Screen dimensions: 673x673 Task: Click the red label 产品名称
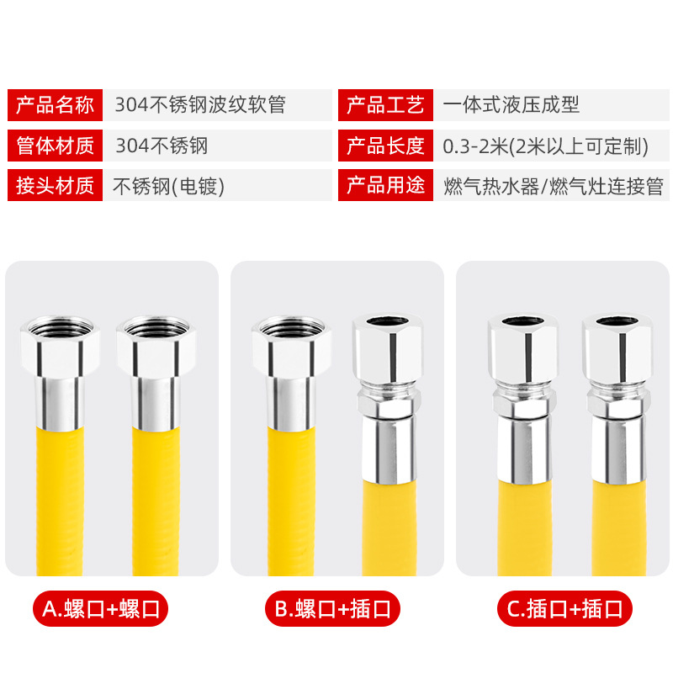(x=56, y=105)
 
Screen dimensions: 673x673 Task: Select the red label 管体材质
(x=56, y=146)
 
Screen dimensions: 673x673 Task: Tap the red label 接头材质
(x=56, y=186)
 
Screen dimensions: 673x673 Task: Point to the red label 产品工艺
(x=386, y=105)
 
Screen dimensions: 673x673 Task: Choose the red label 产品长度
(x=386, y=146)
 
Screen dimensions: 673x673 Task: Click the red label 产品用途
(x=386, y=186)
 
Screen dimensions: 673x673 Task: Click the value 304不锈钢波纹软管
(x=200, y=105)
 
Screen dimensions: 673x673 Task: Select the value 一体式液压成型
(x=511, y=105)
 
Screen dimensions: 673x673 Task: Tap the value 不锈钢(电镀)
(x=169, y=186)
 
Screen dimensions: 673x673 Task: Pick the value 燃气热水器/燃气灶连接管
(x=553, y=186)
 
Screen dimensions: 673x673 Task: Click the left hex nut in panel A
(x=61, y=346)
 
